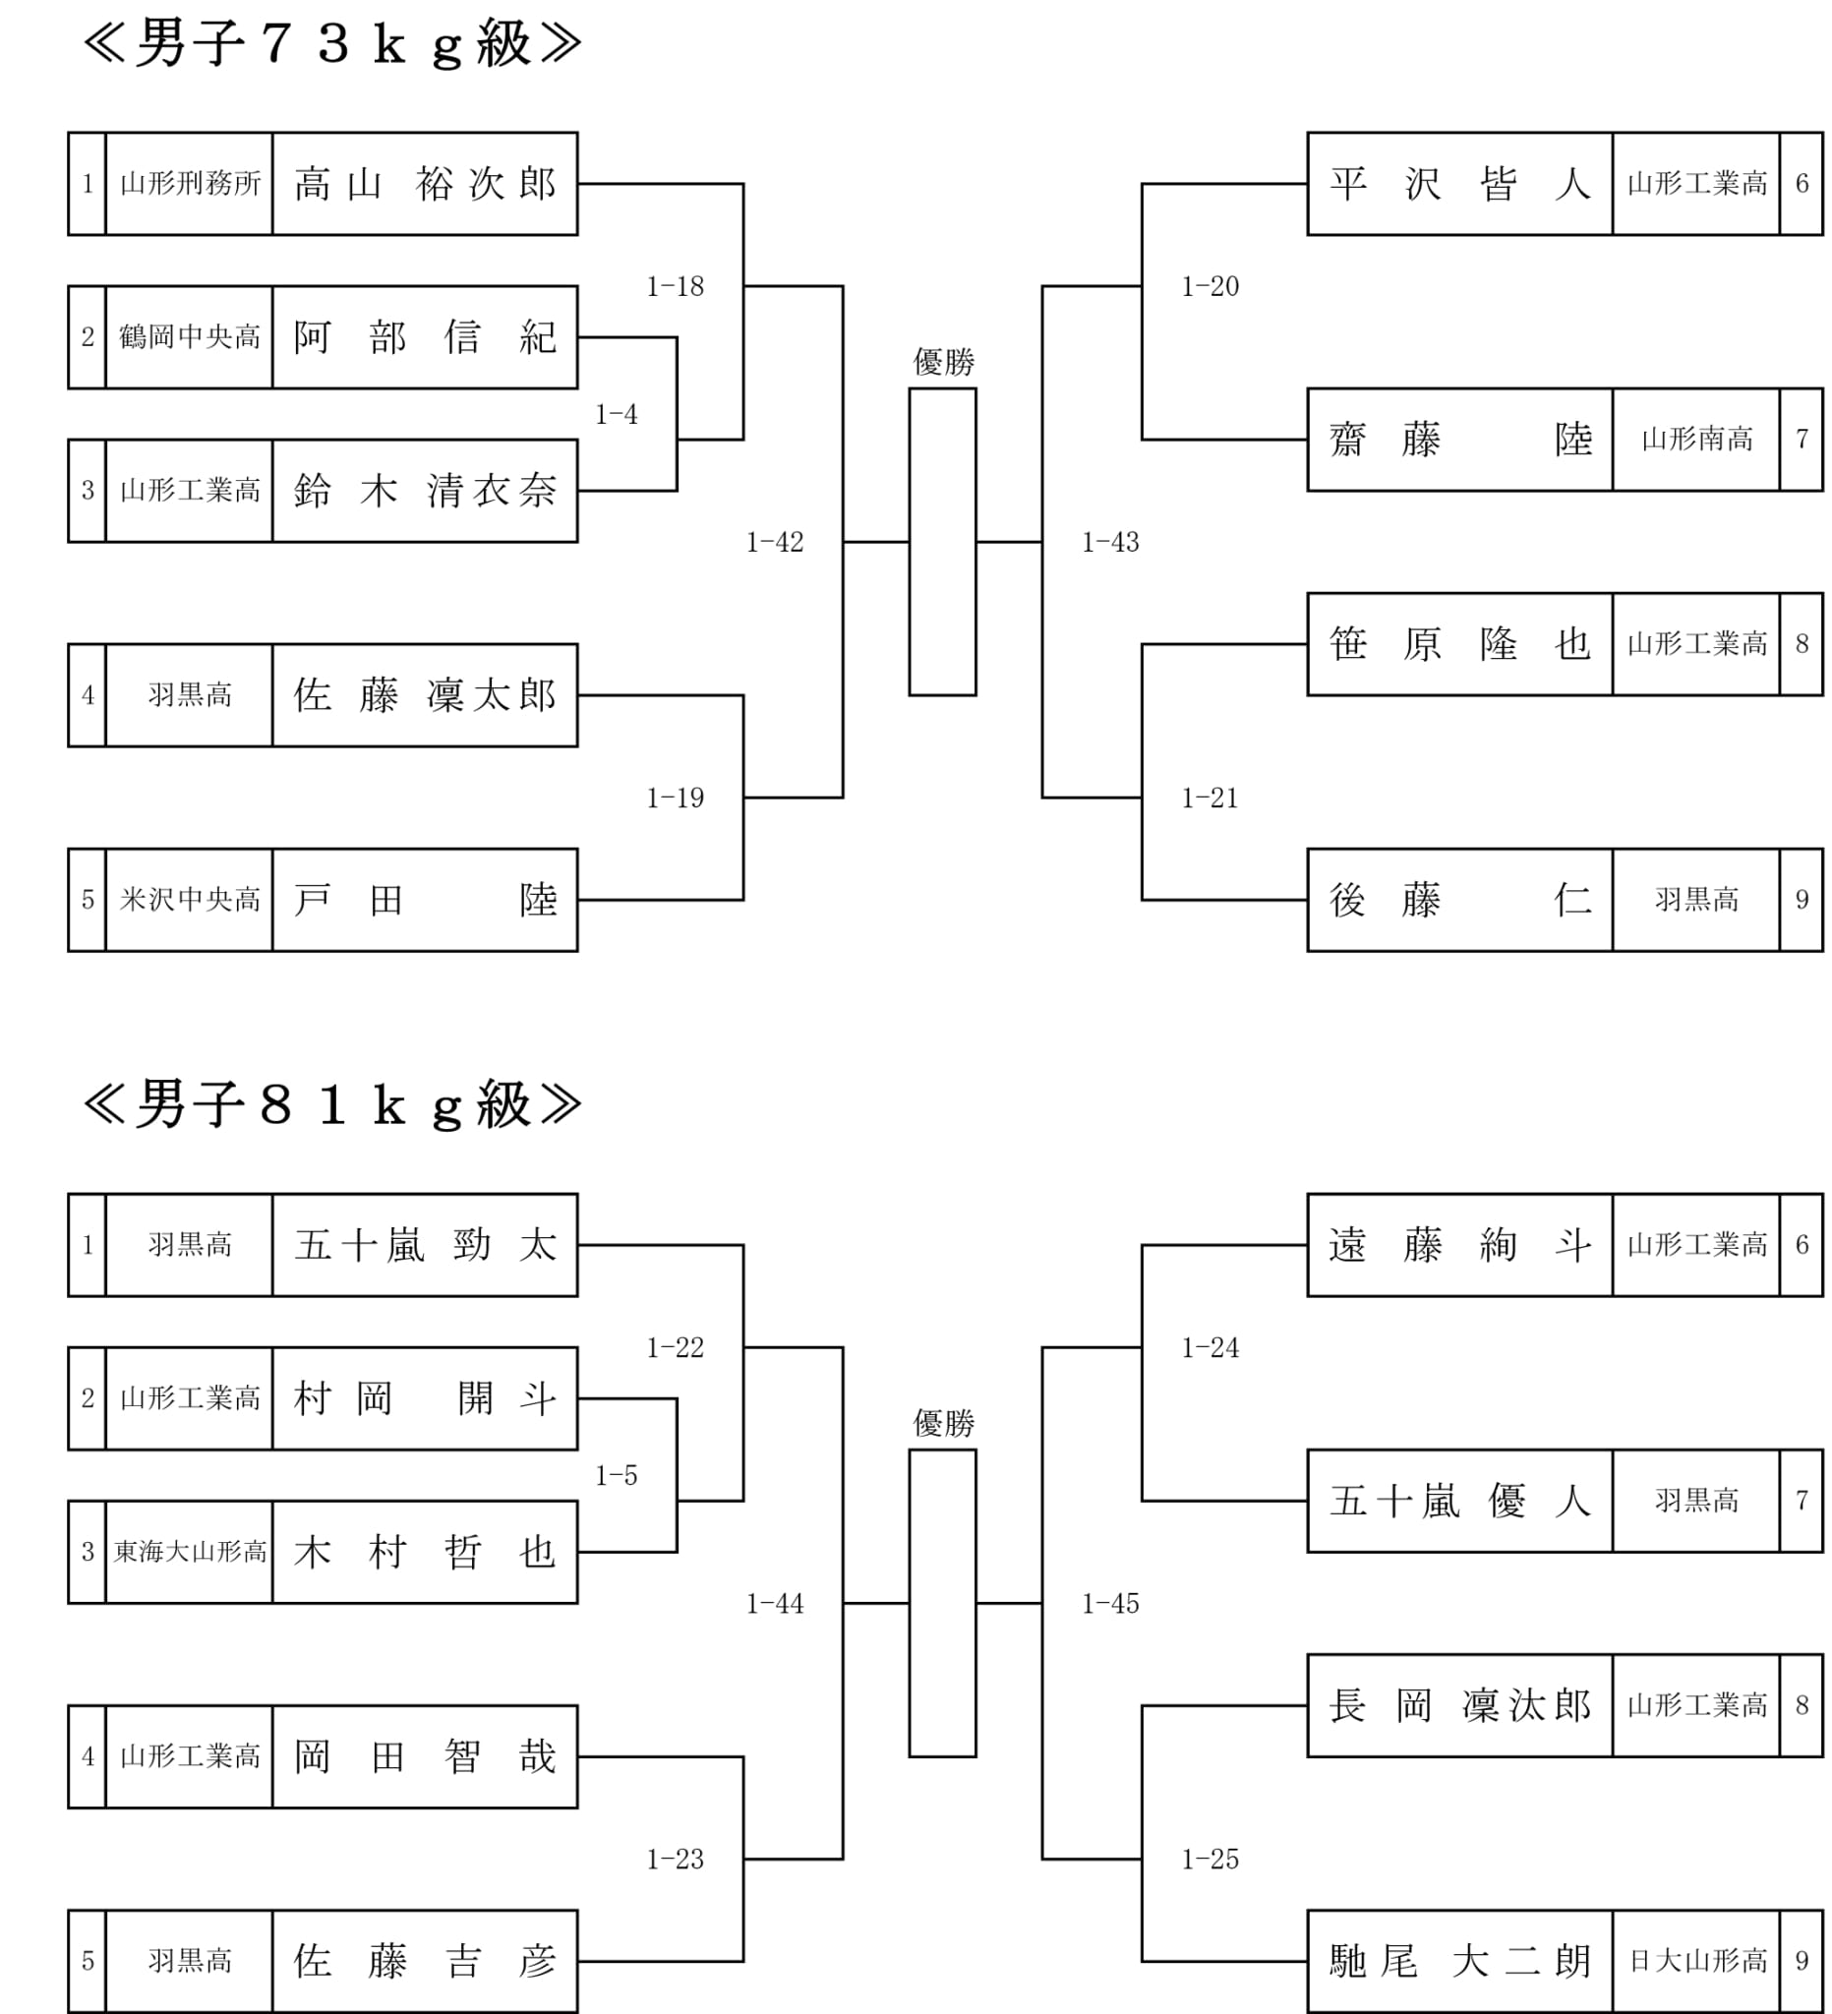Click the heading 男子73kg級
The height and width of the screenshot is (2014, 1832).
[x=331, y=44]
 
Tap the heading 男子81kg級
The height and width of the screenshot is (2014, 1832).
[x=331, y=1105]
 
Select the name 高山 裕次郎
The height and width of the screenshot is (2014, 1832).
[x=425, y=184]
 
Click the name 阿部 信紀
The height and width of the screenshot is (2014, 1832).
[x=425, y=337]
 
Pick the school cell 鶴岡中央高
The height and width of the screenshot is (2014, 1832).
[x=189, y=337]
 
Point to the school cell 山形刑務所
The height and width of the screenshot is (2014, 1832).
[x=189, y=184]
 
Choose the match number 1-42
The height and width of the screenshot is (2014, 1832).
[x=774, y=543]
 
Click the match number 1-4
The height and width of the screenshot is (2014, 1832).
[x=616, y=415]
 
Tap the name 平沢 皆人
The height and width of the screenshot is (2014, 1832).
[x=1458, y=184]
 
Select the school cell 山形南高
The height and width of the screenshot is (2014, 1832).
[x=1695, y=440]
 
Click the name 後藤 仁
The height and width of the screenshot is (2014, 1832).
[x=1458, y=900]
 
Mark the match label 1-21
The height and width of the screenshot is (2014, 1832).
[x=1209, y=799]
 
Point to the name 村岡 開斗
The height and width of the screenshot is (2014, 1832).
[x=425, y=1398]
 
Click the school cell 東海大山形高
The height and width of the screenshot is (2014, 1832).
[x=189, y=1552]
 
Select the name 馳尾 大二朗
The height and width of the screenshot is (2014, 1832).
[x=1458, y=1961]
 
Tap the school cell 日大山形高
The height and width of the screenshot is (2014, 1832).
[x=1695, y=1961]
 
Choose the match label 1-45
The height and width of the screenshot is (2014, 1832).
[x=1110, y=1603]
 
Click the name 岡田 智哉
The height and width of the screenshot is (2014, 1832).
[x=425, y=1756]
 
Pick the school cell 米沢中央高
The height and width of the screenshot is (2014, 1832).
[x=189, y=900]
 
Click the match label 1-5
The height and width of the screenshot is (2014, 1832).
[x=616, y=1475]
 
